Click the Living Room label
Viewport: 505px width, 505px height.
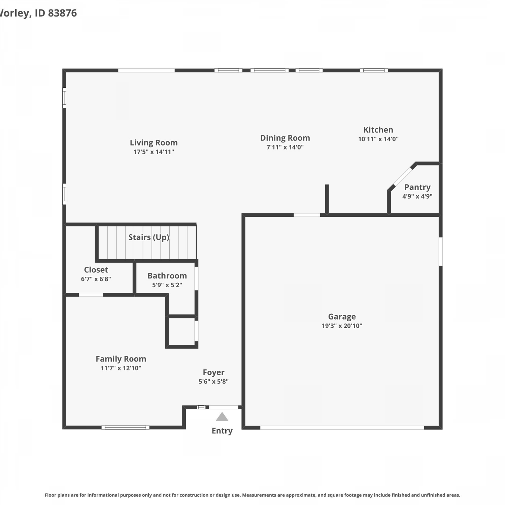pyautogui.click(x=154, y=143)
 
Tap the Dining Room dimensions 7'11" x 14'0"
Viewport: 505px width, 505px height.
pyautogui.click(x=285, y=147)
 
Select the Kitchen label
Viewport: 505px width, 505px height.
pyautogui.click(x=378, y=130)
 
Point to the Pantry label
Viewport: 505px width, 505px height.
pyautogui.click(x=417, y=187)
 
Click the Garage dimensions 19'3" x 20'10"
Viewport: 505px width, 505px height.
pyautogui.click(x=342, y=326)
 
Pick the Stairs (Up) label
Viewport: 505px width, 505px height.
pyautogui.click(x=149, y=237)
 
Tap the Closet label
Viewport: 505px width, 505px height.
pyautogui.click(x=96, y=270)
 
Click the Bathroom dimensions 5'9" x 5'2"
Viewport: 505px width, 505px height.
pyautogui.click(x=167, y=285)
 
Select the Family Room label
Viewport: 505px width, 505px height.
pyautogui.click(x=121, y=359)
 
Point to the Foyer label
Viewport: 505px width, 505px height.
pyautogui.click(x=213, y=372)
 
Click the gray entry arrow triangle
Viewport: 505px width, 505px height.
pyautogui.click(x=222, y=417)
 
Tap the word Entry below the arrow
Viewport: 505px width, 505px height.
pyautogui.click(x=222, y=431)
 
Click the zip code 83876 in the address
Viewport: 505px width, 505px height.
pyautogui.click(x=63, y=13)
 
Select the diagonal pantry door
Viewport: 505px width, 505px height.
pyautogui.click(x=403, y=176)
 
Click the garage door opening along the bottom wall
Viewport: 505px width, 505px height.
pyautogui.click(x=342, y=428)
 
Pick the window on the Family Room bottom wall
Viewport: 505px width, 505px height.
pyautogui.click(x=126, y=428)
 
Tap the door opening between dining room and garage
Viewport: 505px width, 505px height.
pyautogui.click(x=307, y=215)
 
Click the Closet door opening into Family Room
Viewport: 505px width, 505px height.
pyautogui.click(x=91, y=295)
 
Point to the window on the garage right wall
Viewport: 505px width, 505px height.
pyautogui.click(x=441, y=251)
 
